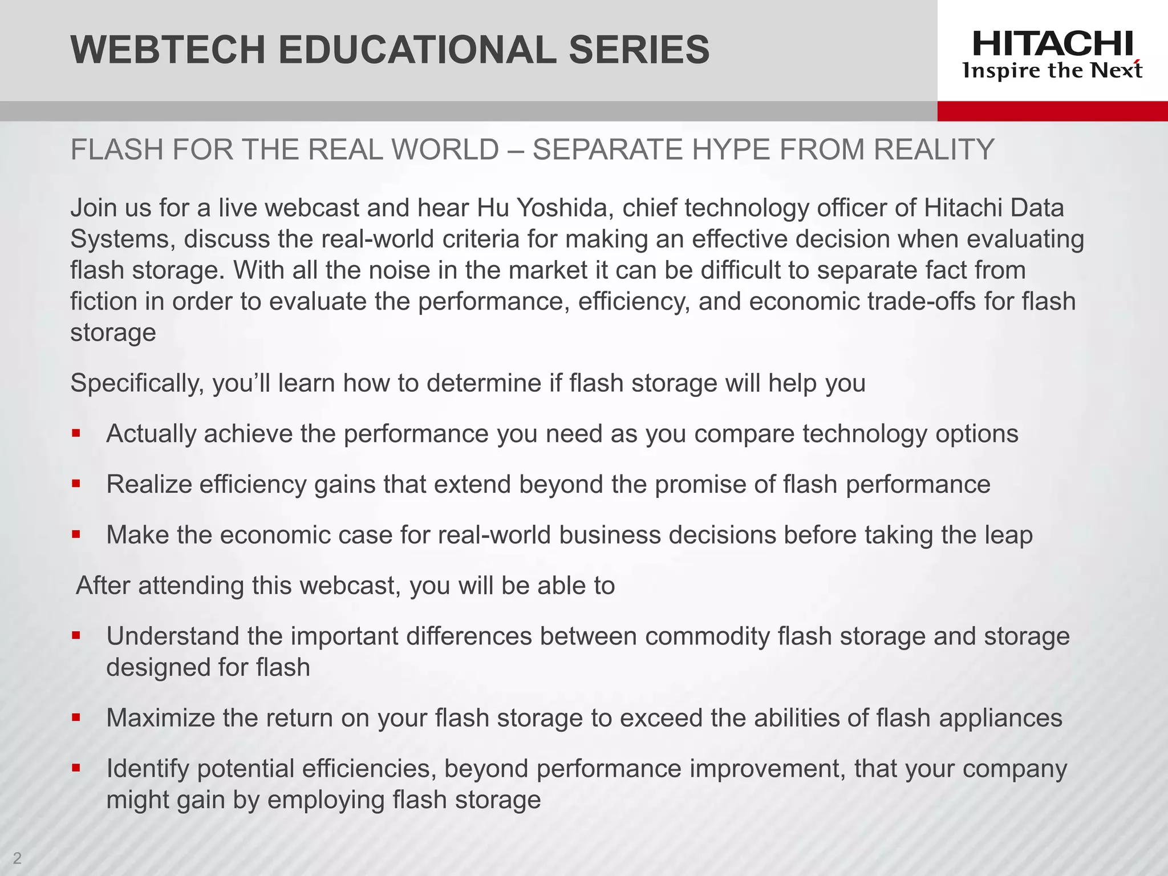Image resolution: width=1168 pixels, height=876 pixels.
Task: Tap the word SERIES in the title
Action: (x=639, y=50)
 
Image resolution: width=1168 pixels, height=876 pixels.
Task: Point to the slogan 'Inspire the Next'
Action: (x=1052, y=71)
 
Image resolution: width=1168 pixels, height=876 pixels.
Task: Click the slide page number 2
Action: (x=17, y=858)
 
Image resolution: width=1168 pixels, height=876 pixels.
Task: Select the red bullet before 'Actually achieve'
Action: (x=76, y=434)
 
